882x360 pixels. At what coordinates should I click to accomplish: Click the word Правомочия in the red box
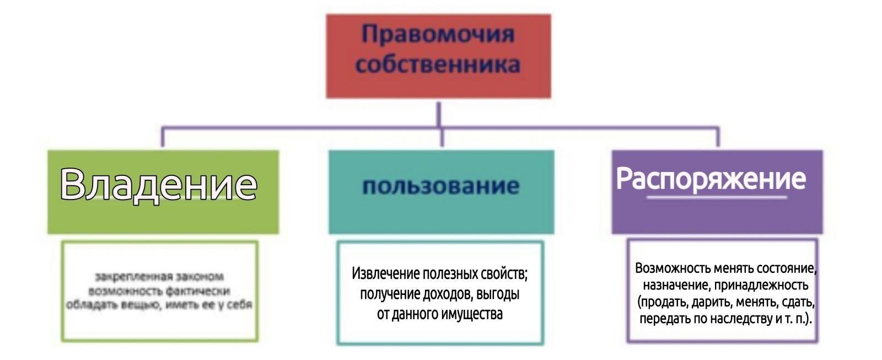click(438, 34)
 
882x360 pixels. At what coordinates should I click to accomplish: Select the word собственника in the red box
click(438, 64)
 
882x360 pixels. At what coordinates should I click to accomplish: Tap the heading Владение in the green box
click(158, 184)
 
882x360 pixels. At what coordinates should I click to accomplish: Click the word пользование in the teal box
click(440, 186)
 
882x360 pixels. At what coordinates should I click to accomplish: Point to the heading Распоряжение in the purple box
click(711, 178)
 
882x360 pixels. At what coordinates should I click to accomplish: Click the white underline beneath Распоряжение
click(717, 197)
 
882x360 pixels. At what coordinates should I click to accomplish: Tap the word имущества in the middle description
click(472, 314)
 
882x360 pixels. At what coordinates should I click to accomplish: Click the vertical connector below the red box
click(439, 114)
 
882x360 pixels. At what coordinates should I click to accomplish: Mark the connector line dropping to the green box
click(163, 138)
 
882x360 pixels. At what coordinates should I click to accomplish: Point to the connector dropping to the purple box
click(718, 138)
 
